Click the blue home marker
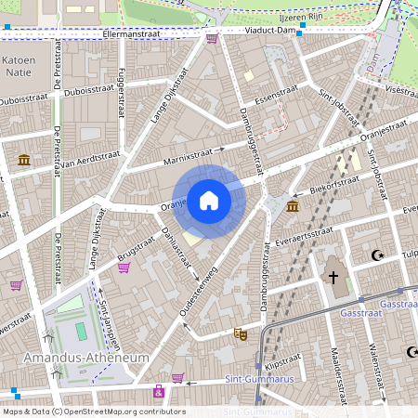(x=209, y=200)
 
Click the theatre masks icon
(x=241, y=333)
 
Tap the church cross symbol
(x=333, y=277)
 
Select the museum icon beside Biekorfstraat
(x=293, y=205)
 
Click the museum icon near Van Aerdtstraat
(x=23, y=161)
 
